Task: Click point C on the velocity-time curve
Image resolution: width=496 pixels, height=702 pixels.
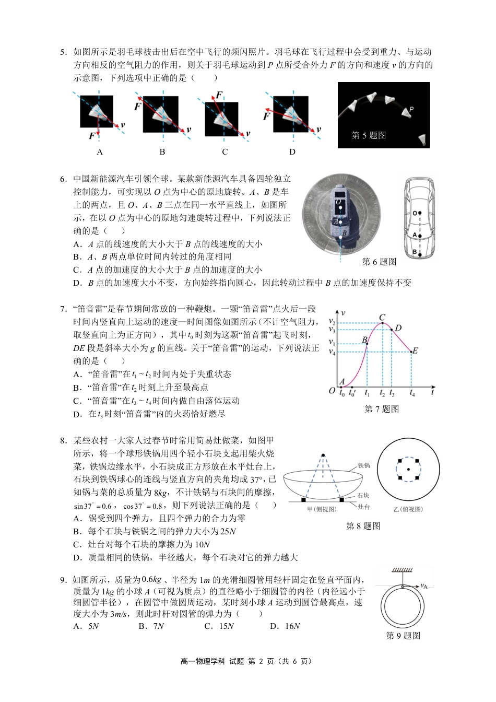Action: (x=383, y=323)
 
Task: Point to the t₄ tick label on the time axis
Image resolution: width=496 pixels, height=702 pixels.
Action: (x=412, y=393)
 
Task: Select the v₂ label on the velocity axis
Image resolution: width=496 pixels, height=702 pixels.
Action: (x=332, y=322)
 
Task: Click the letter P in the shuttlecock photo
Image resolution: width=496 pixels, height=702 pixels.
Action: (x=411, y=110)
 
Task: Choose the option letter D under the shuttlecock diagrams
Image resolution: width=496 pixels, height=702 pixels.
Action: (x=292, y=152)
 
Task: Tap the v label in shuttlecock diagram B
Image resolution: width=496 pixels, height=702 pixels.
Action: (x=188, y=130)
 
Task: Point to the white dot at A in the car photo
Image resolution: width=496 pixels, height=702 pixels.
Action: (x=339, y=222)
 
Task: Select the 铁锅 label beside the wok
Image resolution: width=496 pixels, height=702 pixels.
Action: (x=363, y=465)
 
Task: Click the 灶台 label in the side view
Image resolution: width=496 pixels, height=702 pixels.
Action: (x=363, y=507)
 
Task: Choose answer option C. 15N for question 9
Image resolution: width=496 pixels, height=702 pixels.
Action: (x=219, y=626)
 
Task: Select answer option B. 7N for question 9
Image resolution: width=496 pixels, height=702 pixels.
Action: (x=151, y=626)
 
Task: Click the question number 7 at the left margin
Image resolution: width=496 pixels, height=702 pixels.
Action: (x=63, y=309)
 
